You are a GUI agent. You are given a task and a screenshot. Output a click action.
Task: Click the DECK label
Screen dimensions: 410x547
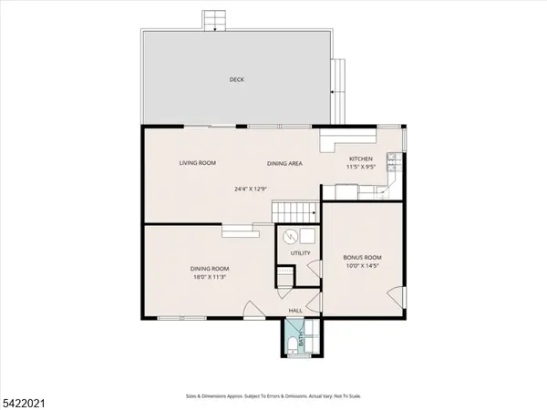point(236,80)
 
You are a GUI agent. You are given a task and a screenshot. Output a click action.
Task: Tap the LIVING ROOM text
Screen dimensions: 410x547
point(197,163)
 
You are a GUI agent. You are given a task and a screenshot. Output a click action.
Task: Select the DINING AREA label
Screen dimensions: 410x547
point(284,163)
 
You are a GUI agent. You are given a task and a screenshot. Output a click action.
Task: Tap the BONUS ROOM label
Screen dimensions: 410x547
point(362,258)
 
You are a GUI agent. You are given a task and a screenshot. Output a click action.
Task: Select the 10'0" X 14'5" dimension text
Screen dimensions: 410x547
point(362,266)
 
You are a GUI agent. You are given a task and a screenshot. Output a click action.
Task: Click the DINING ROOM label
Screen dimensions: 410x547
point(209,268)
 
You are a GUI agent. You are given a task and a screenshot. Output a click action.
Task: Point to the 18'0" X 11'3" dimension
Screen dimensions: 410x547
point(209,276)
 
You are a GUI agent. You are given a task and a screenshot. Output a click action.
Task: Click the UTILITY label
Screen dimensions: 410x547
point(301,253)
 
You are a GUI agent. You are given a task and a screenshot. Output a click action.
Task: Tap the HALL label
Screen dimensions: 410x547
point(295,311)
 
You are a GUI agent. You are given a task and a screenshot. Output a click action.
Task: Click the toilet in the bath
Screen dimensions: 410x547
point(290,343)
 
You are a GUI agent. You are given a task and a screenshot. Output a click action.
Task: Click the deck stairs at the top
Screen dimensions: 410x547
point(213,19)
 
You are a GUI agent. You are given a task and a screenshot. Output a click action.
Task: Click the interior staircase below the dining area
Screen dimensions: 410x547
point(294,210)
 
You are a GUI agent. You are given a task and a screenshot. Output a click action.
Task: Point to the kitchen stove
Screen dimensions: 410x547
point(393,163)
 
